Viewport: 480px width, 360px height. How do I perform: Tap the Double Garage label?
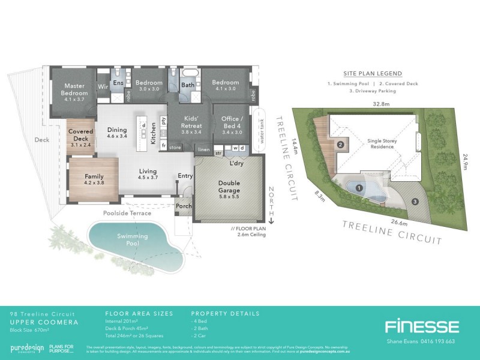[x=229, y=187]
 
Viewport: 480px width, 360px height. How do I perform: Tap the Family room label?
[x=94, y=176]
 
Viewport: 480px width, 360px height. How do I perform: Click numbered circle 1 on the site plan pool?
[x=359, y=188]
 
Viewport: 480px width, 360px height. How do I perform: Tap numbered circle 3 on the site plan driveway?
[x=415, y=200]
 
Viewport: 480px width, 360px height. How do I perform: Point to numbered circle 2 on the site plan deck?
[x=340, y=145]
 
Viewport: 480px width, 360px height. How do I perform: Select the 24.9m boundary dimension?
[x=464, y=161]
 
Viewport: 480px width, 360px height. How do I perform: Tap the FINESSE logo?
[x=422, y=327]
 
